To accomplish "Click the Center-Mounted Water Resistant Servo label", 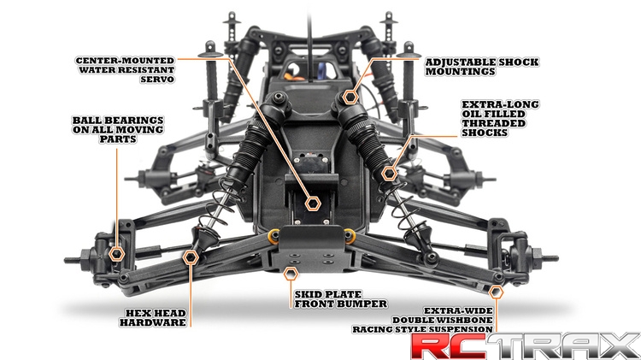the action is tap(125, 70).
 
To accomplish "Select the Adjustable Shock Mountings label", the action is tap(482, 67).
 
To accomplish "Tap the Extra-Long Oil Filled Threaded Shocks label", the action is tap(500, 118).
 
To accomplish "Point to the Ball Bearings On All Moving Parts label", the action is tap(118, 130).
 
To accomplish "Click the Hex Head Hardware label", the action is tap(153, 318).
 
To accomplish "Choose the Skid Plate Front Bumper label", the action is tap(340, 299).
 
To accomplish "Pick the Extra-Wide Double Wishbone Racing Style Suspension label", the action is tap(423, 320).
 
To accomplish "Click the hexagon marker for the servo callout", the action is tap(313, 204).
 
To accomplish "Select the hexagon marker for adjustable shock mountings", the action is tap(350, 97).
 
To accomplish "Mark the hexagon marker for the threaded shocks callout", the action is tap(389, 174).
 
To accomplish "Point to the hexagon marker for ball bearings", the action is tap(117, 254).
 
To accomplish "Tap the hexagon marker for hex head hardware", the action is tap(191, 257).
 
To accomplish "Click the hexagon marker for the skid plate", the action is tap(291, 274).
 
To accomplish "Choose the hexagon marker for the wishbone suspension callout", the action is tap(496, 292).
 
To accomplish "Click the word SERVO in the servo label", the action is tap(157, 80).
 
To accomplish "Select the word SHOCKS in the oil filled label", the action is tap(485, 133).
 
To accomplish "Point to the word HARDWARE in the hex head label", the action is tap(153, 322).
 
